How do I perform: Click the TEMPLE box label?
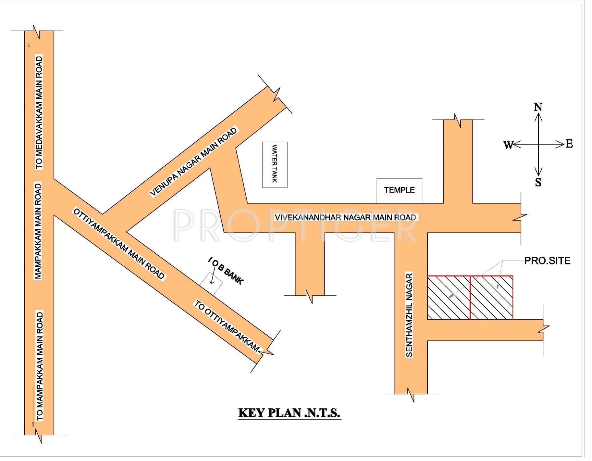click(399, 190)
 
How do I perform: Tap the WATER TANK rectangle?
click(275, 164)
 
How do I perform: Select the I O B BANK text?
click(226, 271)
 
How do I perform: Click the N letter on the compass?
click(538, 107)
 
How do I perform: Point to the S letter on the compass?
click(538, 182)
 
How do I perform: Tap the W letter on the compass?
click(508, 145)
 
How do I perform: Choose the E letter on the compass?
click(569, 144)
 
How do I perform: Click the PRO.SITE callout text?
click(547, 261)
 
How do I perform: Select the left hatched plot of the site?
click(449, 298)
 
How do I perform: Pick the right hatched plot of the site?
click(491, 298)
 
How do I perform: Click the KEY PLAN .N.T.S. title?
click(289, 413)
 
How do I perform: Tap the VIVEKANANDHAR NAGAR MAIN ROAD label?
click(345, 217)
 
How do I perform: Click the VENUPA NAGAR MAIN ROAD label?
click(194, 162)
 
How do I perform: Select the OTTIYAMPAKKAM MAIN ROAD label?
click(119, 244)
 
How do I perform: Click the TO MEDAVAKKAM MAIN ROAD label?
click(39, 112)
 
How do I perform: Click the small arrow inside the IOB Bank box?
click(212, 279)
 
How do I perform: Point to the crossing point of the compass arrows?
click(538, 144)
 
